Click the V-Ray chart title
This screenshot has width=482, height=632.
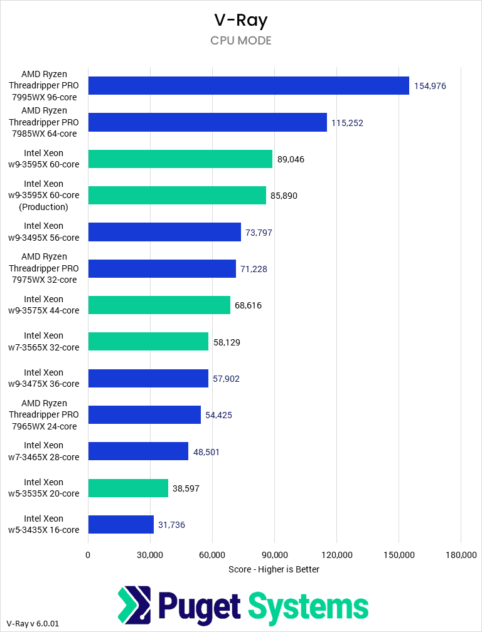point(241,20)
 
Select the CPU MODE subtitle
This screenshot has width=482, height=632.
point(241,41)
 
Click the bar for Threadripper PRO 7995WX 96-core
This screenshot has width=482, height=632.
point(249,86)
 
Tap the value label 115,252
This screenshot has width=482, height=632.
point(347,123)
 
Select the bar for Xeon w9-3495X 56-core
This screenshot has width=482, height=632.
point(164,232)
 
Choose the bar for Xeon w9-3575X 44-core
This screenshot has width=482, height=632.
point(159,305)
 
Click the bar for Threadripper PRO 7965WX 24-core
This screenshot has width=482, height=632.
point(144,415)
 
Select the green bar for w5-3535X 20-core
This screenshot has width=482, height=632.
point(128,488)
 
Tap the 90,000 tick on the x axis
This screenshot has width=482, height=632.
point(274,555)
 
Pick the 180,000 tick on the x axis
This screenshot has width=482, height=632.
point(461,555)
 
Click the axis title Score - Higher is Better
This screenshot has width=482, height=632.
point(274,569)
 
